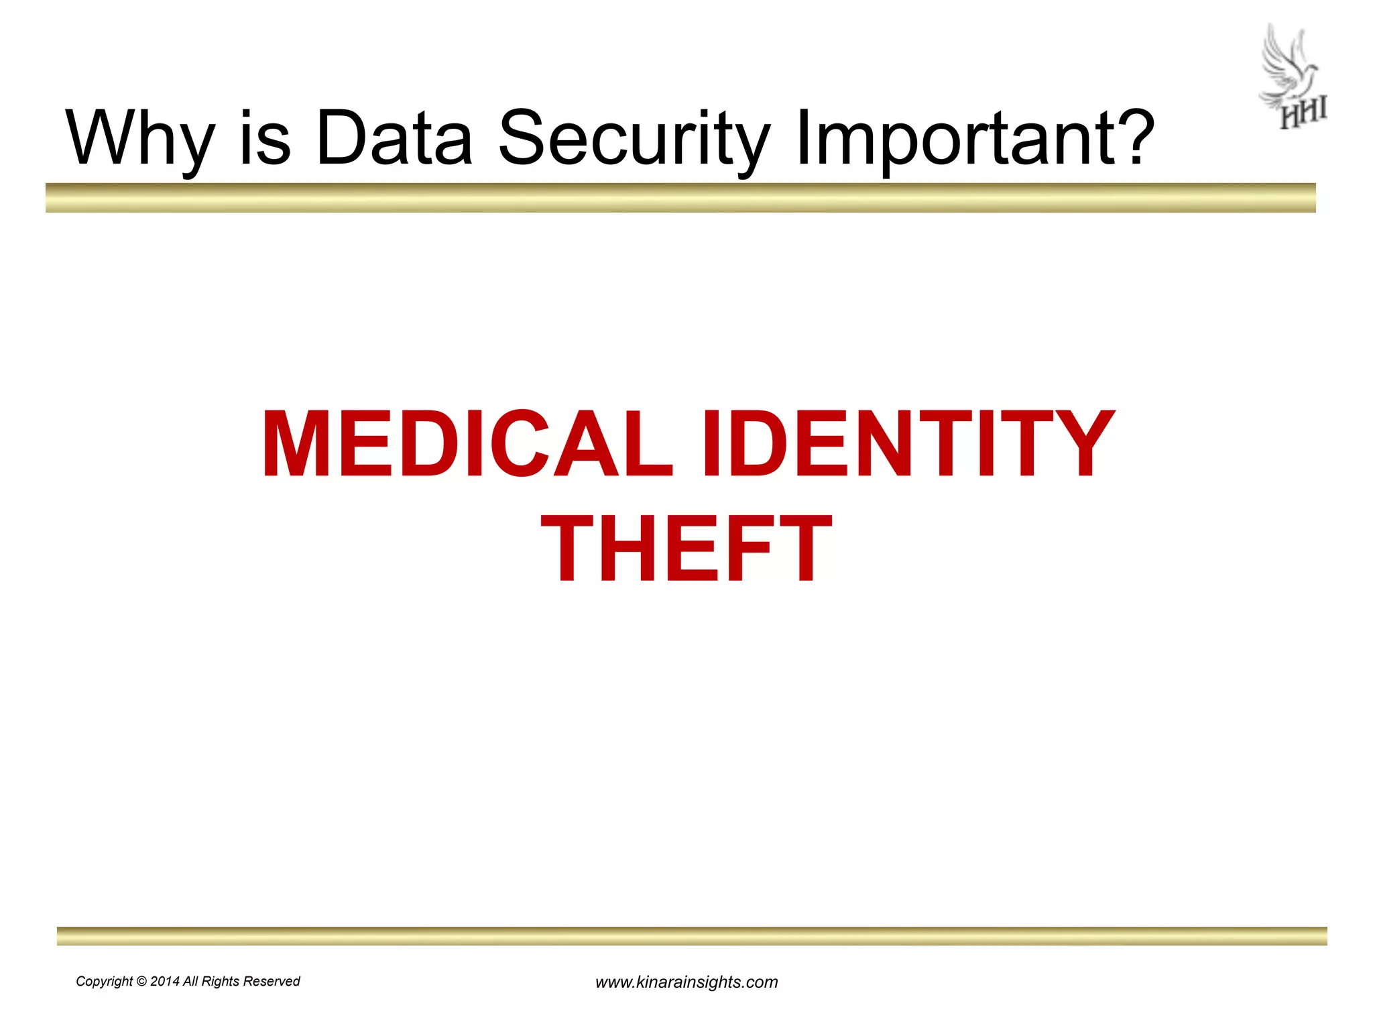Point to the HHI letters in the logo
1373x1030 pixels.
click(x=1303, y=115)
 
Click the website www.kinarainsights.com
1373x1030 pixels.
click(x=686, y=982)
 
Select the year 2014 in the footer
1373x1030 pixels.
click(x=165, y=982)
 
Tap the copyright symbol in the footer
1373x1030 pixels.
click(x=141, y=982)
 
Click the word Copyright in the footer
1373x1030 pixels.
click(x=104, y=982)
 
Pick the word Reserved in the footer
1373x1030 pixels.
click(x=271, y=982)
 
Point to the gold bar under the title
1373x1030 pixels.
click(x=680, y=198)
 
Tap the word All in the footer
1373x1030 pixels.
click(x=190, y=982)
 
